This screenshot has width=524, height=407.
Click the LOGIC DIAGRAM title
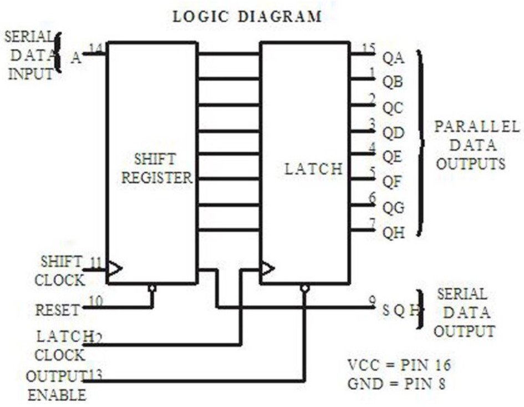[247, 17]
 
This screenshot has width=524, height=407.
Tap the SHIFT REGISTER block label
[157, 169]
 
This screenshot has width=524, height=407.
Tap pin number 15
[368, 48]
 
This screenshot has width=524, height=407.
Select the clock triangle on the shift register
[114, 269]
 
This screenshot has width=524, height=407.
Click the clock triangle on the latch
[267, 269]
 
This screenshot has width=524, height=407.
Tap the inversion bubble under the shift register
[152, 289]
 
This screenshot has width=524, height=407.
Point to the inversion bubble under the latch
[304, 289]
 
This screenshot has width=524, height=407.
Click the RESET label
[58, 309]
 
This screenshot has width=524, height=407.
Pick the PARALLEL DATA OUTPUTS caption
[469, 145]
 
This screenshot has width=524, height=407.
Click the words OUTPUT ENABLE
[57, 386]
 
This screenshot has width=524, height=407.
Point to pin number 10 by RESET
[96, 301]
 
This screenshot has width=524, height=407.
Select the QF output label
[393, 183]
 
